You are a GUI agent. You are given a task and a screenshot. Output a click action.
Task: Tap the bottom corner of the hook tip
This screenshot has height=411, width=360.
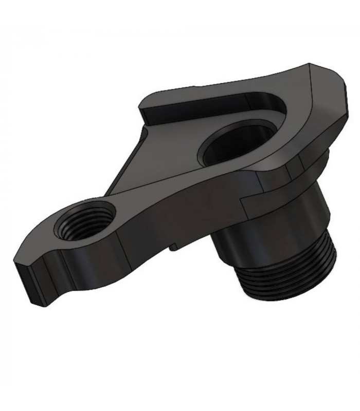tap(37, 305)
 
